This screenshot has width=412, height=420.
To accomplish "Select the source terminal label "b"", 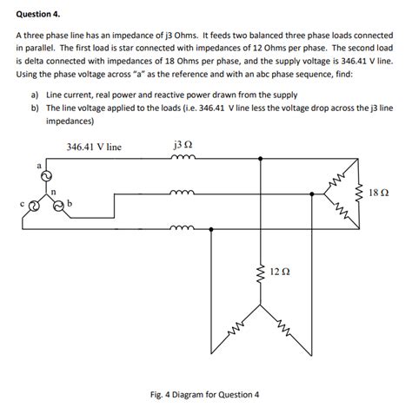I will coord(70,205).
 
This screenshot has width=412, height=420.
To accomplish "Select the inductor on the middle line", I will coord(183,193).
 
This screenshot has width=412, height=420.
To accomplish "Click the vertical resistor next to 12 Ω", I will coord(257,272).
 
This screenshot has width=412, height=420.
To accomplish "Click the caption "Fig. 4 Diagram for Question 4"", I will coord(205,394).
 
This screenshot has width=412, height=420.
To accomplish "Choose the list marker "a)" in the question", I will coord(35,94).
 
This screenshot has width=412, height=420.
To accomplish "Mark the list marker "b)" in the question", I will coord(35,108).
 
